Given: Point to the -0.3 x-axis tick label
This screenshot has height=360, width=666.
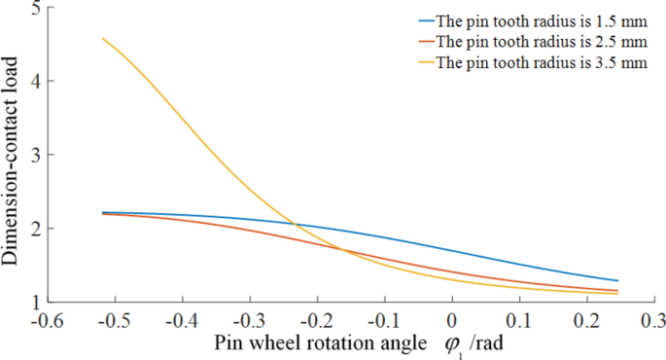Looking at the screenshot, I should tap(249, 320).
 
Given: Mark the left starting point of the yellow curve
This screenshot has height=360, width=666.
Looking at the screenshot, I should tap(102, 38).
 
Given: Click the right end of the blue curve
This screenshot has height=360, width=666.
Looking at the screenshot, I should tap(617, 281).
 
